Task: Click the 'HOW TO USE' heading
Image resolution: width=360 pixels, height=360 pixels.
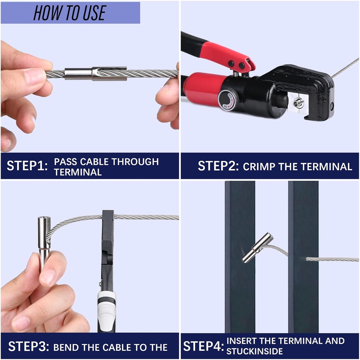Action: (x=70, y=13)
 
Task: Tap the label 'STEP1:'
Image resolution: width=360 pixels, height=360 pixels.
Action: (x=27, y=166)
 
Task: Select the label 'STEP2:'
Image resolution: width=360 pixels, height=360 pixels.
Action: (x=218, y=166)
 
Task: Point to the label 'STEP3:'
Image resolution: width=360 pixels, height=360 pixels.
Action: (x=28, y=346)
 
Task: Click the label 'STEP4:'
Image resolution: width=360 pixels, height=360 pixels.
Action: (x=204, y=346)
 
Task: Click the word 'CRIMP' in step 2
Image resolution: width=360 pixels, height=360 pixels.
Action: (x=259, y=167)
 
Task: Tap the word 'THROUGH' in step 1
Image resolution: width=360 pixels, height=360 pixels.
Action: (x=135, y=162)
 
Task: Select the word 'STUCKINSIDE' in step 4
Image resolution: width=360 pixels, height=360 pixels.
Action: (x=255, y=351)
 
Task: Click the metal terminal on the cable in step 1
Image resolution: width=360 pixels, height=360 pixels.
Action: (x=96, y=73)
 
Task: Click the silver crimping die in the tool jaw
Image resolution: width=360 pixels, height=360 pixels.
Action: (x=297, y=102)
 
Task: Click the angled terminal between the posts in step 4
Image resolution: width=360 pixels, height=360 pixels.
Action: (x=258, y=248)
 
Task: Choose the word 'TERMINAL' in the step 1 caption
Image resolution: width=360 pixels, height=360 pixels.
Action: (x=78, y=172)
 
